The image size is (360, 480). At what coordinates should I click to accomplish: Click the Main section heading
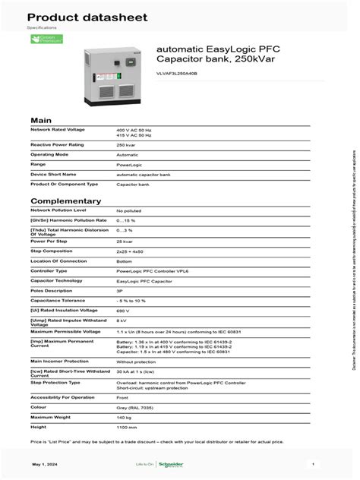(40, 121)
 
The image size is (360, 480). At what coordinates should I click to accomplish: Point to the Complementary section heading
(65, 201)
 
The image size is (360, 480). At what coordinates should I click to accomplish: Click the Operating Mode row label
(49, 154)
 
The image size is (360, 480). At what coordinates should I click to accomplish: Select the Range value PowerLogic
(128, 164)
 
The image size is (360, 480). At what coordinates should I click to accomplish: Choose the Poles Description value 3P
(120, 291)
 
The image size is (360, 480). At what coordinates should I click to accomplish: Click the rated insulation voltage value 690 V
(123, 311)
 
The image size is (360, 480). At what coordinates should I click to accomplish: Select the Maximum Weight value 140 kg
(124, 418)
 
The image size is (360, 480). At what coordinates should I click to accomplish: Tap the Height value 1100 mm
(126, 428)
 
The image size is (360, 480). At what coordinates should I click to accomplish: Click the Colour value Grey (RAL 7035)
(134, 408)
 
